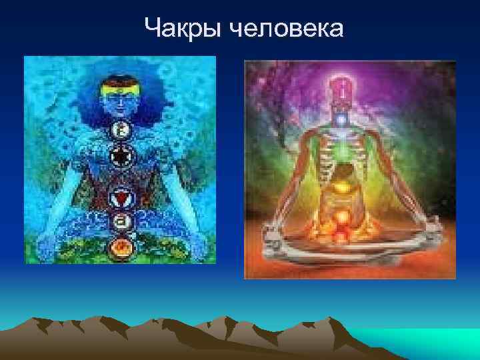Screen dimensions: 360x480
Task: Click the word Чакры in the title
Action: point(181,28)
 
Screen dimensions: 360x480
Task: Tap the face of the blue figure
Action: point(121,105)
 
